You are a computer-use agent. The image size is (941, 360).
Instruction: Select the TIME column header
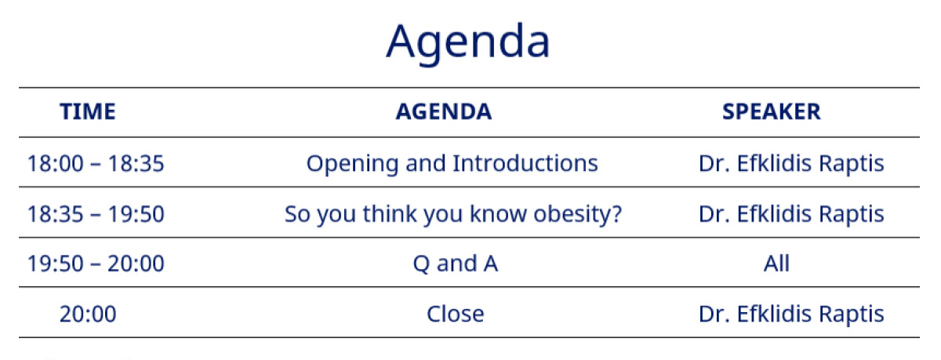(x=87, y=111)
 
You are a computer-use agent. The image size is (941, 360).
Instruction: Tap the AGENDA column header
(x=444, y=111)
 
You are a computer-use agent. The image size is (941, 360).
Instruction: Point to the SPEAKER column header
(x=772, y=111)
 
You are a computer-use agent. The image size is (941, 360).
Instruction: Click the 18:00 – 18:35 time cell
(x=96, y=163)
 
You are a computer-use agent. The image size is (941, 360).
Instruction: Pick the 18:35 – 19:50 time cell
(x=96, y=214)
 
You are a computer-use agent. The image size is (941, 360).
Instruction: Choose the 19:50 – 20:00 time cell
(x=96, y=264)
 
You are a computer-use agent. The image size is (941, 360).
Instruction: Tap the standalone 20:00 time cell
(x=87, y=315)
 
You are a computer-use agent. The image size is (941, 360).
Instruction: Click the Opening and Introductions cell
(x=452, y=164)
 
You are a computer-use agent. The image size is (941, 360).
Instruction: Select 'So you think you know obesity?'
(x=453, y=215)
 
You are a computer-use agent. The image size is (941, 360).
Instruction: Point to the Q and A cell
(x=456, y=264)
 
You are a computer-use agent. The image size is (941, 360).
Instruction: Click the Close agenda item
(x=456, y=315)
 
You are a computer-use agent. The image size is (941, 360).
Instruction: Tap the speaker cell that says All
(x=776, y=264)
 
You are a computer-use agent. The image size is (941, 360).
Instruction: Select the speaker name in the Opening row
(x=791, y=164)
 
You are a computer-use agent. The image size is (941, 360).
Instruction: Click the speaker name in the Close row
(x=791, y=315)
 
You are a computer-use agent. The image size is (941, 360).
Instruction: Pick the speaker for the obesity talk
(x=791, y=215)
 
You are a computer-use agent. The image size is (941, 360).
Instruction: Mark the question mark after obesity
(x=615, y=214)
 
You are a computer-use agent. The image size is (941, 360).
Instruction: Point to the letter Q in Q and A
(x=421, y=264)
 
